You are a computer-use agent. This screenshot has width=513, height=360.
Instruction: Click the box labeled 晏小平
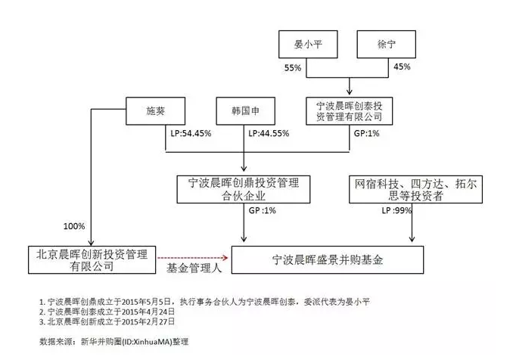308,45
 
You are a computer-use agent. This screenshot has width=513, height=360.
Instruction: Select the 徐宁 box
386,45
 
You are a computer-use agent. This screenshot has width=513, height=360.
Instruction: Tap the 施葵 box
155,111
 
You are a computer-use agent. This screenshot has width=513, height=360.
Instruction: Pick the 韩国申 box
245,111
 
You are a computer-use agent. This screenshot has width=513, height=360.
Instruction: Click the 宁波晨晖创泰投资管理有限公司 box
349,111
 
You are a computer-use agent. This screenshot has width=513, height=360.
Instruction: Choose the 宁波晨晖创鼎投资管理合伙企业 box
244,189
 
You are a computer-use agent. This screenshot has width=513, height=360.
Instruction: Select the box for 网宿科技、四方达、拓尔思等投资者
415,189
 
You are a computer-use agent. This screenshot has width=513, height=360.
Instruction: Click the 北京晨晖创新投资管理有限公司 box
92,260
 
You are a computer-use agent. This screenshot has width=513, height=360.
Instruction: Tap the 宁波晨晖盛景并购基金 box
328,260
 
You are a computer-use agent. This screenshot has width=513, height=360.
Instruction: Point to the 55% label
293,68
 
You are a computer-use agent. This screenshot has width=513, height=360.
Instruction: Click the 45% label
402,67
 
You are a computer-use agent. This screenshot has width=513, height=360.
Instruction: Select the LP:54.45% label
191,133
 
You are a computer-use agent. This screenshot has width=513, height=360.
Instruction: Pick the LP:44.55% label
269,133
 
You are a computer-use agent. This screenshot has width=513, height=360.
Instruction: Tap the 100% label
74,226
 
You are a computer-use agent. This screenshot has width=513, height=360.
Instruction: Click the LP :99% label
396,210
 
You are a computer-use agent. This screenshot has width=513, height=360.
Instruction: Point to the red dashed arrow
193,258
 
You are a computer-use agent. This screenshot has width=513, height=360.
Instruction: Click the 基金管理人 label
194,268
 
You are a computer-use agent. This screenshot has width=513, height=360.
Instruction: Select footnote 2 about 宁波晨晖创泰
107,312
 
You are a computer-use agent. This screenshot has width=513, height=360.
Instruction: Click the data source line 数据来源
113,342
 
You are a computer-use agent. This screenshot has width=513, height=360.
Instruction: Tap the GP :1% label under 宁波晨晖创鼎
262,210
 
